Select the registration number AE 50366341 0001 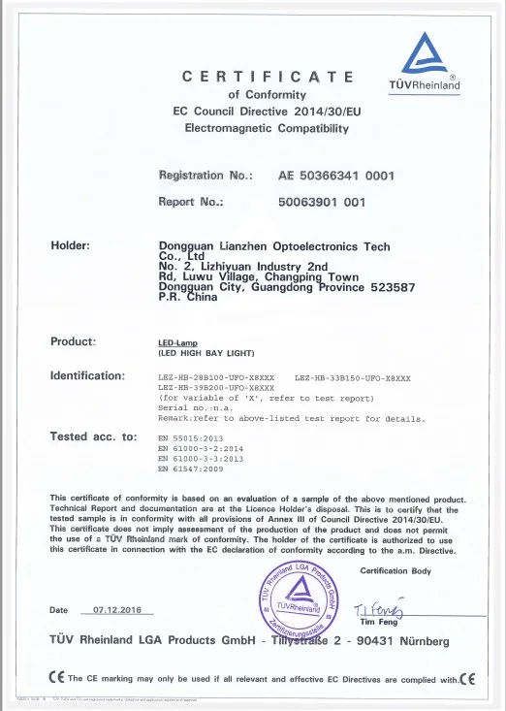point(335,177)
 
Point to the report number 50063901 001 point(322,203)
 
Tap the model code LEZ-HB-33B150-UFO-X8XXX point(357,375)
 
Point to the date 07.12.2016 point(117,610)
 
